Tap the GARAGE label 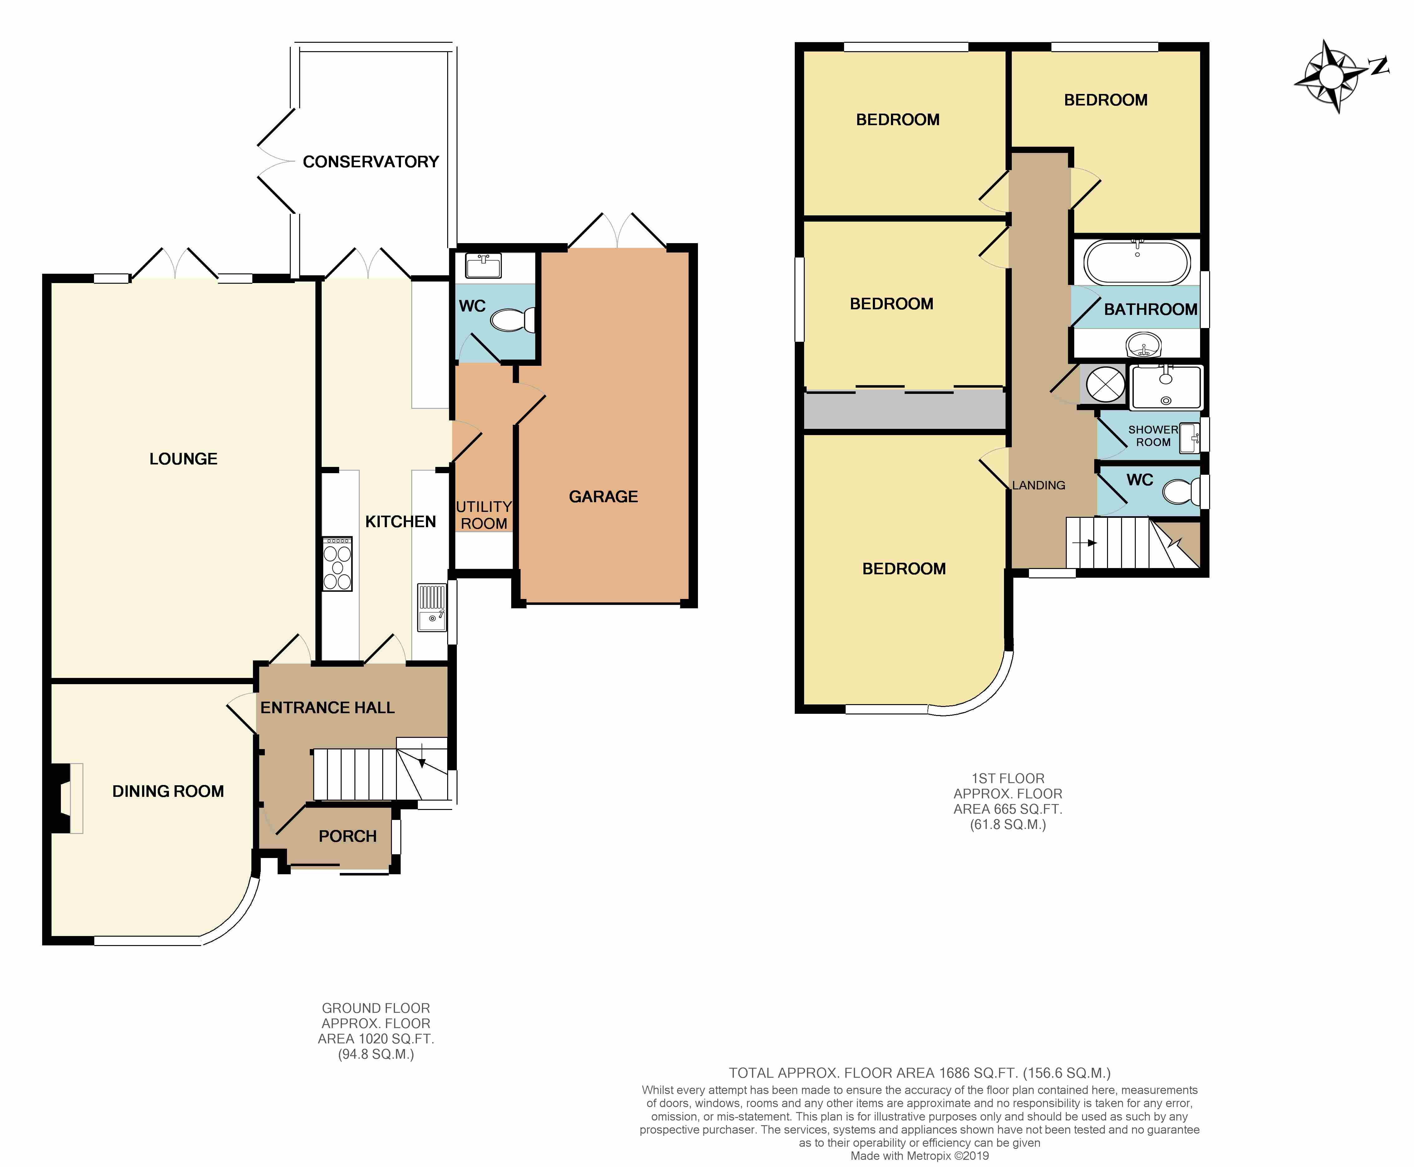603,497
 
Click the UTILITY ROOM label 484,515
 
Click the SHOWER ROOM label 1153,436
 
